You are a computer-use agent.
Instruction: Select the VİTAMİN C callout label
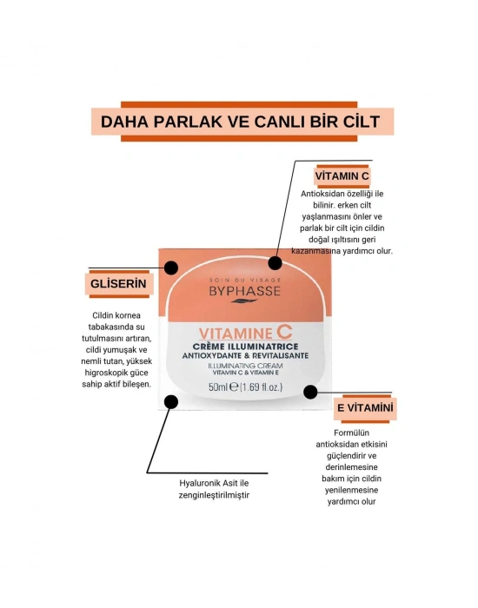tap(342, 175)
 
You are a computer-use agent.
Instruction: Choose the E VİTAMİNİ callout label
tap(365, 406)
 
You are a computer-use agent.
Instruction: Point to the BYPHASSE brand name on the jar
tap(245, 291)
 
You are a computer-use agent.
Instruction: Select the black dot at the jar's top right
tap(276, 262)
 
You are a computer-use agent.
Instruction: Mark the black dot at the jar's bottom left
tap(171, 401)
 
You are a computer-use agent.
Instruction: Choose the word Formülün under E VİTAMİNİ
tap(354, 433)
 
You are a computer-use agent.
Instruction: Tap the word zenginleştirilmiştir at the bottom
tap(213, 495)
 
